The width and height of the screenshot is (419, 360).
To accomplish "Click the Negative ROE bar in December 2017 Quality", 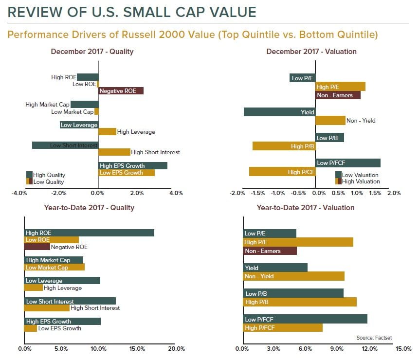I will pos(121,91).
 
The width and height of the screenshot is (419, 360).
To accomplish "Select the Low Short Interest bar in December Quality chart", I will pos(65,145).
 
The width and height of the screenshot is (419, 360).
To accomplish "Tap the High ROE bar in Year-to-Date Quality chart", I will pos(89,233).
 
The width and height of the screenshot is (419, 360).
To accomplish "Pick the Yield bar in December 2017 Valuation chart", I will pos(279,112).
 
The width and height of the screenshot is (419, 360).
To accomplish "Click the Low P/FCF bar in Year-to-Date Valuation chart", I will pos(305,319).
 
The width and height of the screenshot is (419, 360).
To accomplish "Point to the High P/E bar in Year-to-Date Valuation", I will pos(298,242).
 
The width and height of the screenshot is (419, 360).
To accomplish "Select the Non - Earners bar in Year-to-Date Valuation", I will pos(270,251).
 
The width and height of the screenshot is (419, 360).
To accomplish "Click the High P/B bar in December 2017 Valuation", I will pos(284,146).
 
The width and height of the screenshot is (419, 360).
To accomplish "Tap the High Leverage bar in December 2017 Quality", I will pos(108,131).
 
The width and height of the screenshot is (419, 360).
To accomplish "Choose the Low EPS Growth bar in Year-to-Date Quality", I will pos(31,328).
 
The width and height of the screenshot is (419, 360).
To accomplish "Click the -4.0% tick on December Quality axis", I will pos(19,193).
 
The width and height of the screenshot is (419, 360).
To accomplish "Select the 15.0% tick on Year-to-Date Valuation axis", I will pos(403,349).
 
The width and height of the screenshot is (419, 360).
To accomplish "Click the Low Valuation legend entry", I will pos(360,175).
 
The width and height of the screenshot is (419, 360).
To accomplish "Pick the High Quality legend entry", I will pos(49,175).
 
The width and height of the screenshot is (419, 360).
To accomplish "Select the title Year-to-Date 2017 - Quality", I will pos(89,208).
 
